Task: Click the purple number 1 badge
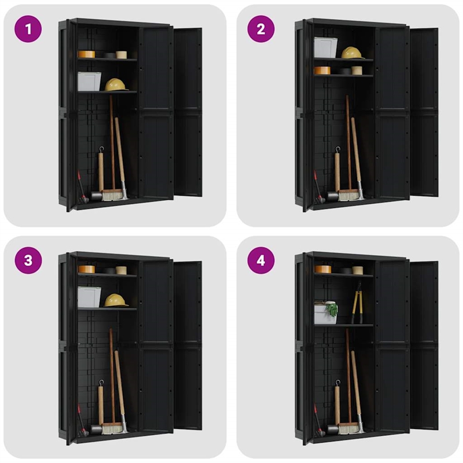click(x=28, y=28)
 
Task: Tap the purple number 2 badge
click(x=261, y=28)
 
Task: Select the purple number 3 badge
click(x=28, y=260)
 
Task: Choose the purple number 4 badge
click(x=261, y=260)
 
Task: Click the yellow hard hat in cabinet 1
click(x=116, y=84)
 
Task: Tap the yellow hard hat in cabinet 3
click(x=116, y=300)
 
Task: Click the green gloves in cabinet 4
click(x=332, y=309)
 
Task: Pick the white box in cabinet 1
click(x=89, y=82)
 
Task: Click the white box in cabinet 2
click(x=326, y=47)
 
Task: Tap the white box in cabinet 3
click(x=89, y=296)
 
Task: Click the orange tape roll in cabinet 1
click(x=86, y=54)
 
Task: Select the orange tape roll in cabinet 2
click(x=322, y=70)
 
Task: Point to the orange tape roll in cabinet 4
click(x=322, y=269)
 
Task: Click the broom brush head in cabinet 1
click(x=113, y=196)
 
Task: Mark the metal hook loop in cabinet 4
click(x=337, y=383)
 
